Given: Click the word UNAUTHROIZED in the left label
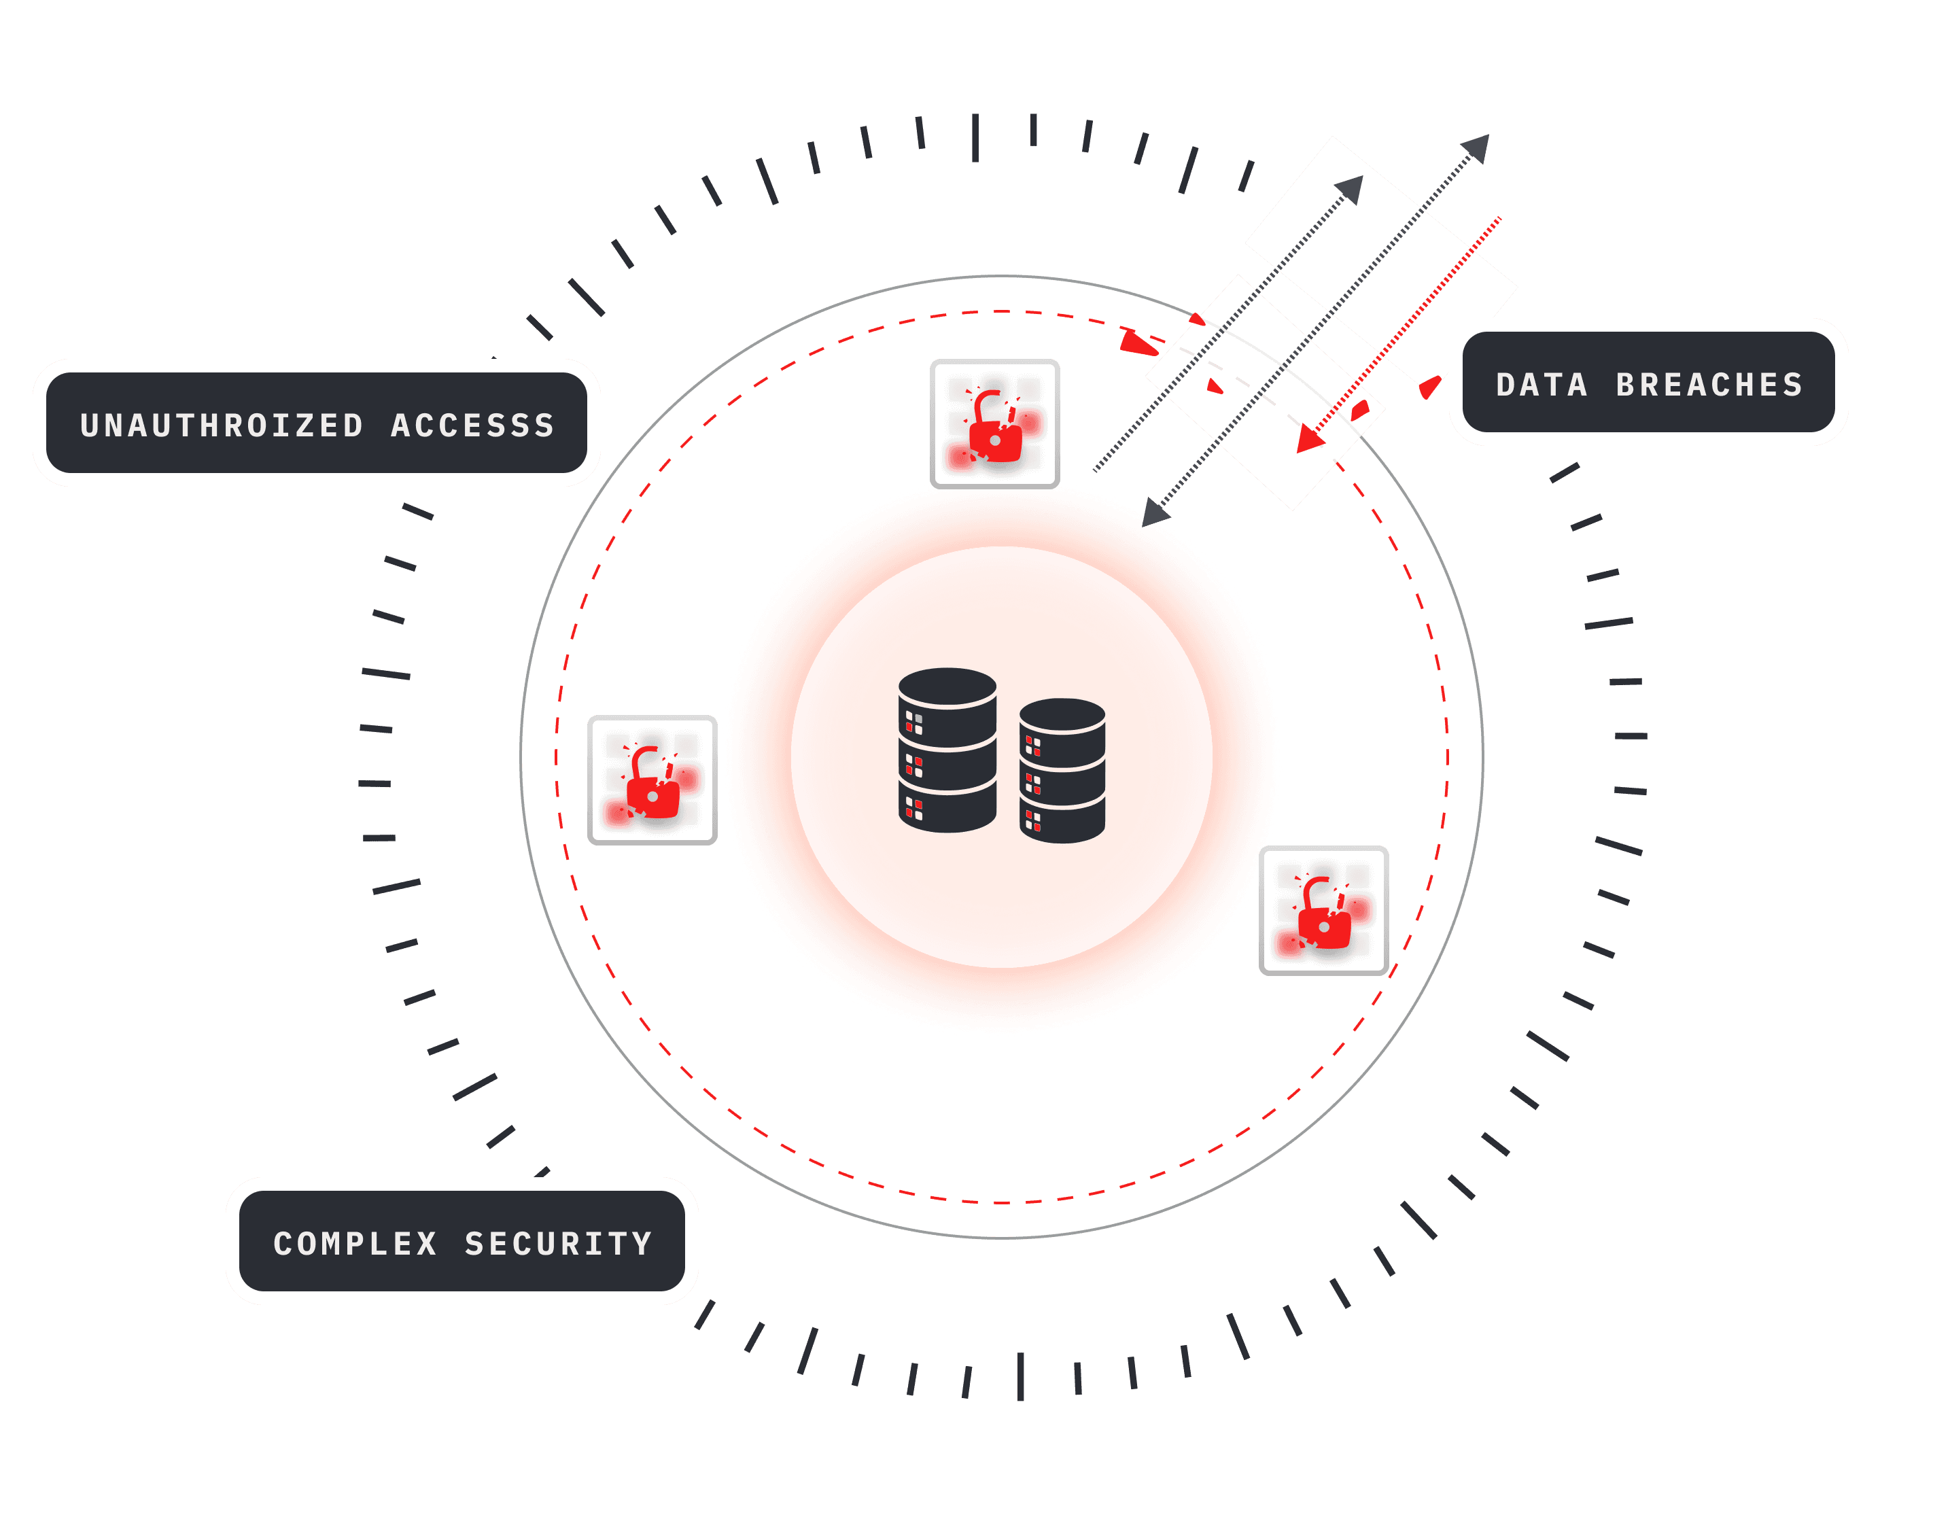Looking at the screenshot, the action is (222, 425).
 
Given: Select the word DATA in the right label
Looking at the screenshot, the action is (1542, 385).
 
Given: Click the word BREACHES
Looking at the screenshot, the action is (1709, 385).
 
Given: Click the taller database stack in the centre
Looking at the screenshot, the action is (947, 750).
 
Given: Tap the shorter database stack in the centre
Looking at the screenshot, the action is (1062, 770).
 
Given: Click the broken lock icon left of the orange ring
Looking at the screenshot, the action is (652, 780).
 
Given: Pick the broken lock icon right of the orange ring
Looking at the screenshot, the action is (1323, 910).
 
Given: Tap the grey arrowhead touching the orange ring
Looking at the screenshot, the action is (1155, 512).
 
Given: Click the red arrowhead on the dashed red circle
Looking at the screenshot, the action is (1137, 342).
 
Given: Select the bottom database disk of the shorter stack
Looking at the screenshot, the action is (1062, 822).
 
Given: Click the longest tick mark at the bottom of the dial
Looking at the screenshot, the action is (1021, 1377).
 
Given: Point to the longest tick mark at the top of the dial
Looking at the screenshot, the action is (975, 138).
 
